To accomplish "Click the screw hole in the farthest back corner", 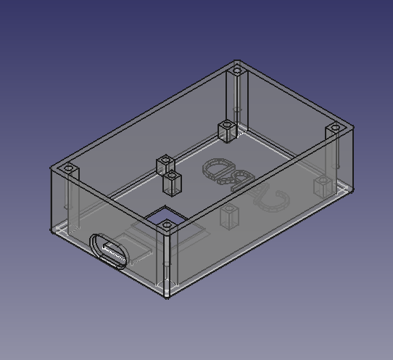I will point(237,71).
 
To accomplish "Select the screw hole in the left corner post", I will point(69,168).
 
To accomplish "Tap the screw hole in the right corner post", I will point(334,128).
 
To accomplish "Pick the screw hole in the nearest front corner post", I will point(167,226).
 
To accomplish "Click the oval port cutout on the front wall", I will point(109,252).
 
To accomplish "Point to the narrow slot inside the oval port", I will point(112,253).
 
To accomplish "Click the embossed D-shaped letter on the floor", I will point(216,170).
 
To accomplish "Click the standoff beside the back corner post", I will point(227,131).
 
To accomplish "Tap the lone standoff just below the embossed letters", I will point(229,216).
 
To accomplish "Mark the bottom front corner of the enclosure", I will point(167,297).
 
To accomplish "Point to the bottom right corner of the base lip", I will point(352,190).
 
